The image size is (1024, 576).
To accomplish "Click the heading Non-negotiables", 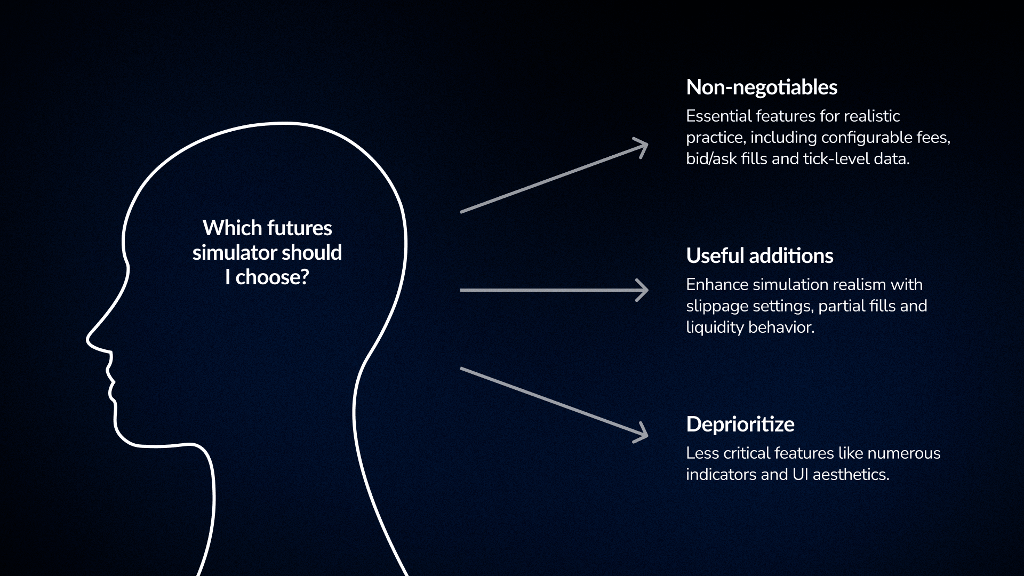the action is (x=761, y=87).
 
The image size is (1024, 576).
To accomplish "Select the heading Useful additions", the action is (x=759, y=256).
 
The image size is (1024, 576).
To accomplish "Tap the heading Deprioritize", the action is (x=740, y=425).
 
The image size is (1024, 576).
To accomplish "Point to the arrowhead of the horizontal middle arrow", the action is (x=643, y=290).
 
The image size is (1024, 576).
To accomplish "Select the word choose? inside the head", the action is (x=273, y=277).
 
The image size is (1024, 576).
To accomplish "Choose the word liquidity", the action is (x=714, y=327).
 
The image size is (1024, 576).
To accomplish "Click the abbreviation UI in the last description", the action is (x=800, y=475).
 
